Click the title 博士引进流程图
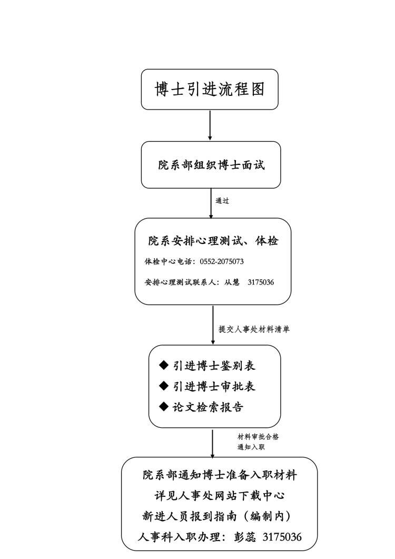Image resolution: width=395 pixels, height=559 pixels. coord(210,89)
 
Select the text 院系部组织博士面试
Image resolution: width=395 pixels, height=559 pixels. coord(211,165)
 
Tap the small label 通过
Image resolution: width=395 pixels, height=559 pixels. coord(222,201)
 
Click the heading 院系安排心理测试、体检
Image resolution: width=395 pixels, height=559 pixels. coord(213,241)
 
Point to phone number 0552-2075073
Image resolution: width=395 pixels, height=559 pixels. coord(222,261)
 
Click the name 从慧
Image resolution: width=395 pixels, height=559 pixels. coord(232,282)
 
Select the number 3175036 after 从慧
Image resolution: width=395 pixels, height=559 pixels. coord(261,282)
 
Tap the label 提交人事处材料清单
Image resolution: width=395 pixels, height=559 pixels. coord(254,329)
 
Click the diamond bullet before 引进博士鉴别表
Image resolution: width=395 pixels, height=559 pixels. coord(164,365)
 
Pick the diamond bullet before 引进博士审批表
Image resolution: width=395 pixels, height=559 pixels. coord(164,386)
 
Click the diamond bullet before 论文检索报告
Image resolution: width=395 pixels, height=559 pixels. coord(164,406)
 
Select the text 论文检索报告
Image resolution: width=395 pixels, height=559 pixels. coord(208,407)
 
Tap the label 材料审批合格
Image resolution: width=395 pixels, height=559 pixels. coord(259,437)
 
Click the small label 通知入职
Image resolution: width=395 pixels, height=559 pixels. coord(251,447)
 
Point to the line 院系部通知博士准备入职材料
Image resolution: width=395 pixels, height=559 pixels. coord(220,475)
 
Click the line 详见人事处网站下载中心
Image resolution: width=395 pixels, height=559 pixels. coord(220,496)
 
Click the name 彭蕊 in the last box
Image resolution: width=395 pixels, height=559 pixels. coord(245,537)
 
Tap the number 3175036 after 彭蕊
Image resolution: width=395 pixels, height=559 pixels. coord(282,537)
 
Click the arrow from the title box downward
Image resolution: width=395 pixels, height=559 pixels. coord(210,125)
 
